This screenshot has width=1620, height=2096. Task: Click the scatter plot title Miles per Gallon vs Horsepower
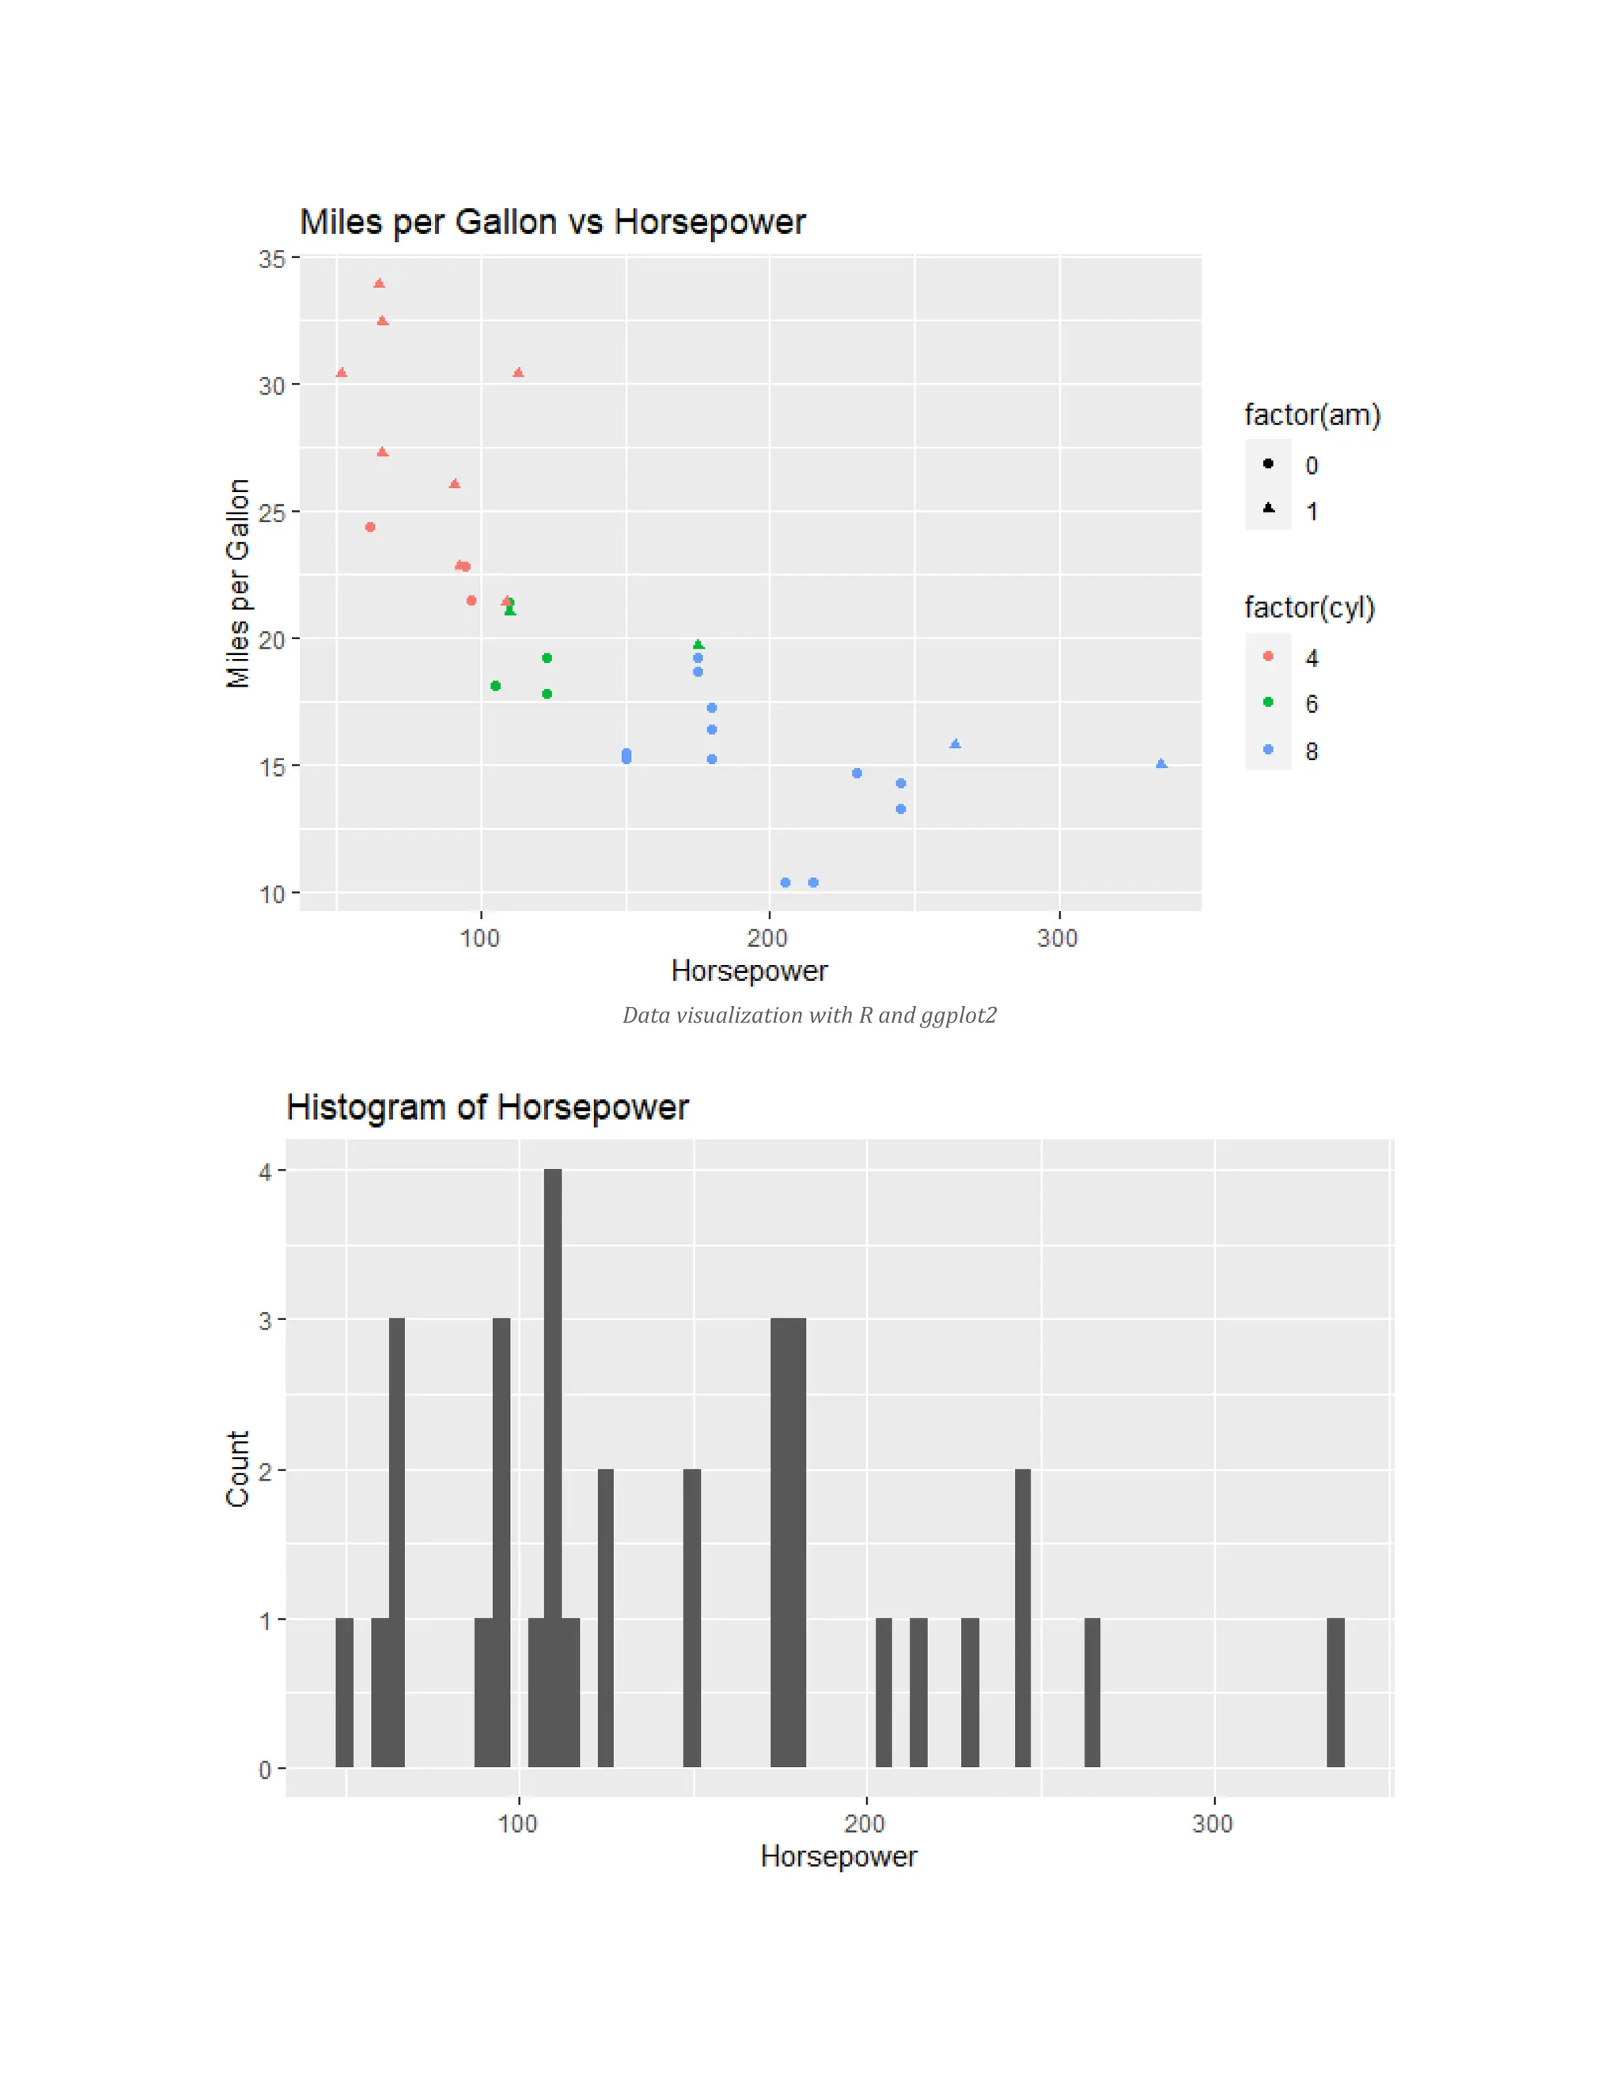(552, 221)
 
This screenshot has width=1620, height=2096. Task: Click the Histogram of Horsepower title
(486, 1107)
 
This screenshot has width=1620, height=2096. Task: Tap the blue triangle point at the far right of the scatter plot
(1161, 764)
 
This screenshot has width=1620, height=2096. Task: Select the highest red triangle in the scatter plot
(379, 283)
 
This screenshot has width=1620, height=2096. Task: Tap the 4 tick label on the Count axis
(265, 1172)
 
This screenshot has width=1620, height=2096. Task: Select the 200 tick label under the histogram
(865, 1823)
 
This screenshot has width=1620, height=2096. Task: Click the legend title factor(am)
(1312, 414)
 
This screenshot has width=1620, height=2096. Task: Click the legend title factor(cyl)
(1309, 607)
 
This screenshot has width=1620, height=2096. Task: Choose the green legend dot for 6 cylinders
(1269, 702)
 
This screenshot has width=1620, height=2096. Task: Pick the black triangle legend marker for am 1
(1269, 508)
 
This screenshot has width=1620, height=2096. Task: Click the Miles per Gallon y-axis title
(238, 584)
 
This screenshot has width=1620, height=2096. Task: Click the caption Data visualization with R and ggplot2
(809, 1016)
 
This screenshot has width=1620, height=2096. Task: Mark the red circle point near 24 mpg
(370, 527)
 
